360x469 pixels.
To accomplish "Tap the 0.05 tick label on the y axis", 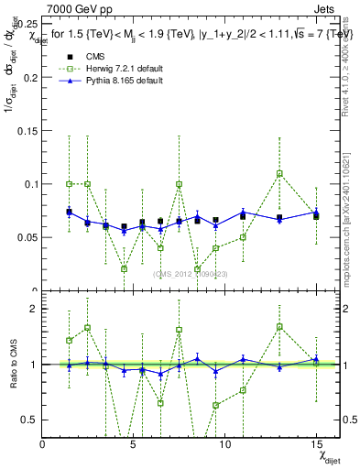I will (27, 237).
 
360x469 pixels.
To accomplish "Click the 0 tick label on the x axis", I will (42, 444).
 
